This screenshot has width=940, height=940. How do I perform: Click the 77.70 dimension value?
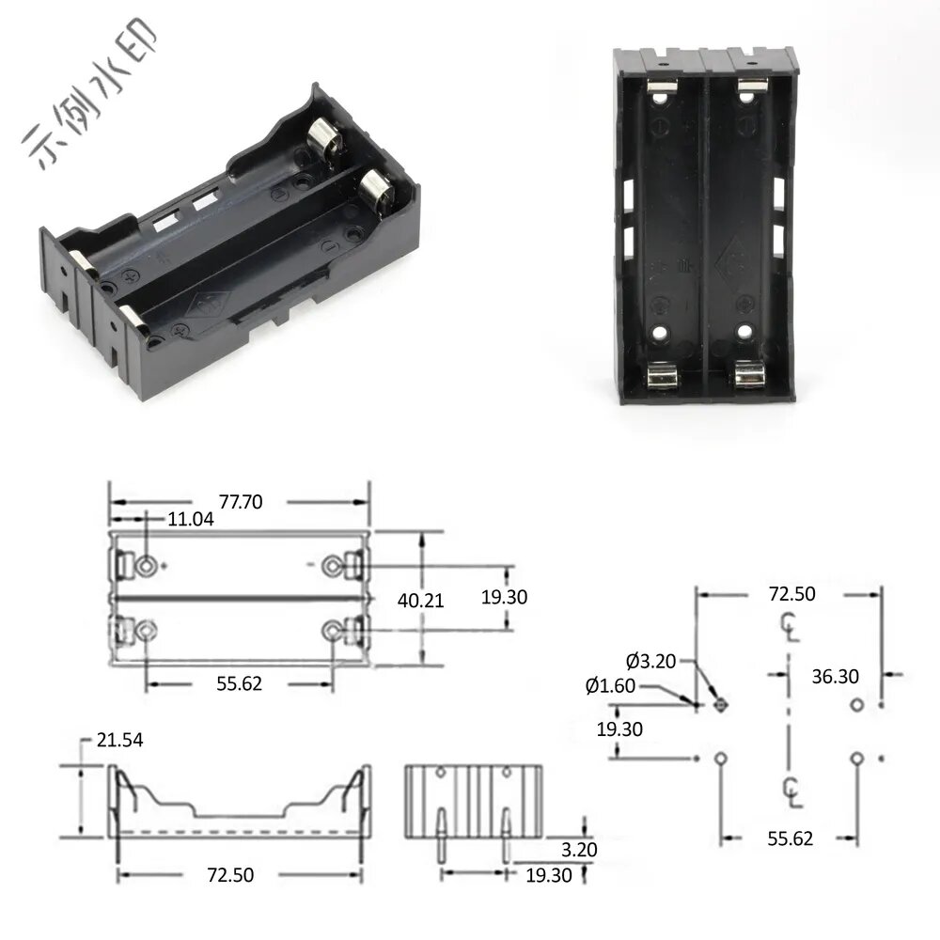click(241, 501)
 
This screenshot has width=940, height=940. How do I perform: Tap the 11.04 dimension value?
click(190, 519)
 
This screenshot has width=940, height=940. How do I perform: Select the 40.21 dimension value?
click(420, 600)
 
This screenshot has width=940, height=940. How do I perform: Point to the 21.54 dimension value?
click(120, 740)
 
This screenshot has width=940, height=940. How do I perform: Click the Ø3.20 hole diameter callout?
click(651, 661)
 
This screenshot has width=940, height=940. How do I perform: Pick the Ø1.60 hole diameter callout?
click(610, 685)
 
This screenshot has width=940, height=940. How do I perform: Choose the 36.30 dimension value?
click(835, 676)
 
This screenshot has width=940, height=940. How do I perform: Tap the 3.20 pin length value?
click(579, 850)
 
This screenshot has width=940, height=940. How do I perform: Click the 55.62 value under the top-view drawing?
click(239, 683)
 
